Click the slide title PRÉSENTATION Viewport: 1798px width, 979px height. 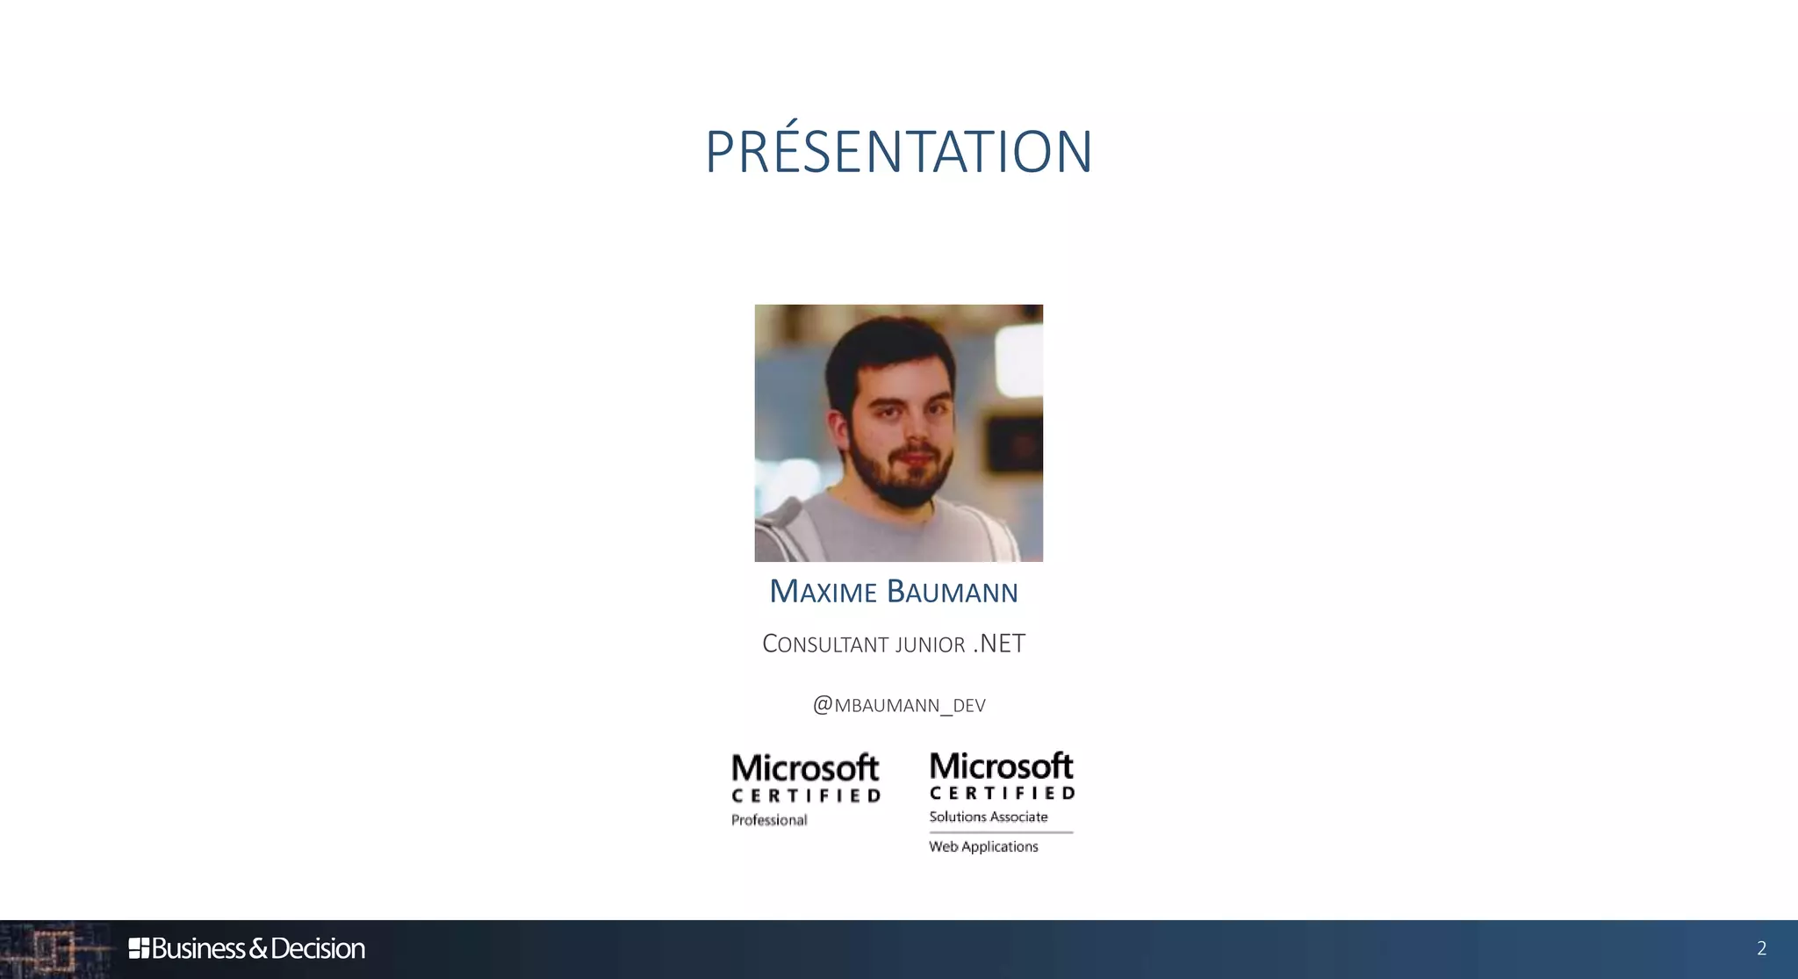click(898, 153)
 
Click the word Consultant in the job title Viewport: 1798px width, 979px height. click(824, 644)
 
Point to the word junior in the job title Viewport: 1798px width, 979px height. click(930, 645)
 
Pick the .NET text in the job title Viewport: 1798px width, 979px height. click(1000, 644)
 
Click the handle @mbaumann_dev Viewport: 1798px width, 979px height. click(899, 705)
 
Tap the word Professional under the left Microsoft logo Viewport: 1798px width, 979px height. click(769, 820)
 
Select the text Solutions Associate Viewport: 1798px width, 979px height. click(989, 817)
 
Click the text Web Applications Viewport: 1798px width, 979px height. click(983, 846)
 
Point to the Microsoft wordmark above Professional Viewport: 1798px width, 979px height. click(805, 768)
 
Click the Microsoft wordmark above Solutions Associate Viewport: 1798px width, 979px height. click(1001, 766)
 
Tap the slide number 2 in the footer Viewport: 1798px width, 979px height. click(1761, 948)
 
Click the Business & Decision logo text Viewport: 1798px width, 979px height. click(257, 948)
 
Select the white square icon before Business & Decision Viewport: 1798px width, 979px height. click(139, 948)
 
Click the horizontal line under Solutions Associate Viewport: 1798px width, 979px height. click(1001, 831)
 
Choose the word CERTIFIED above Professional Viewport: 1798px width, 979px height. click(806, 795)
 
